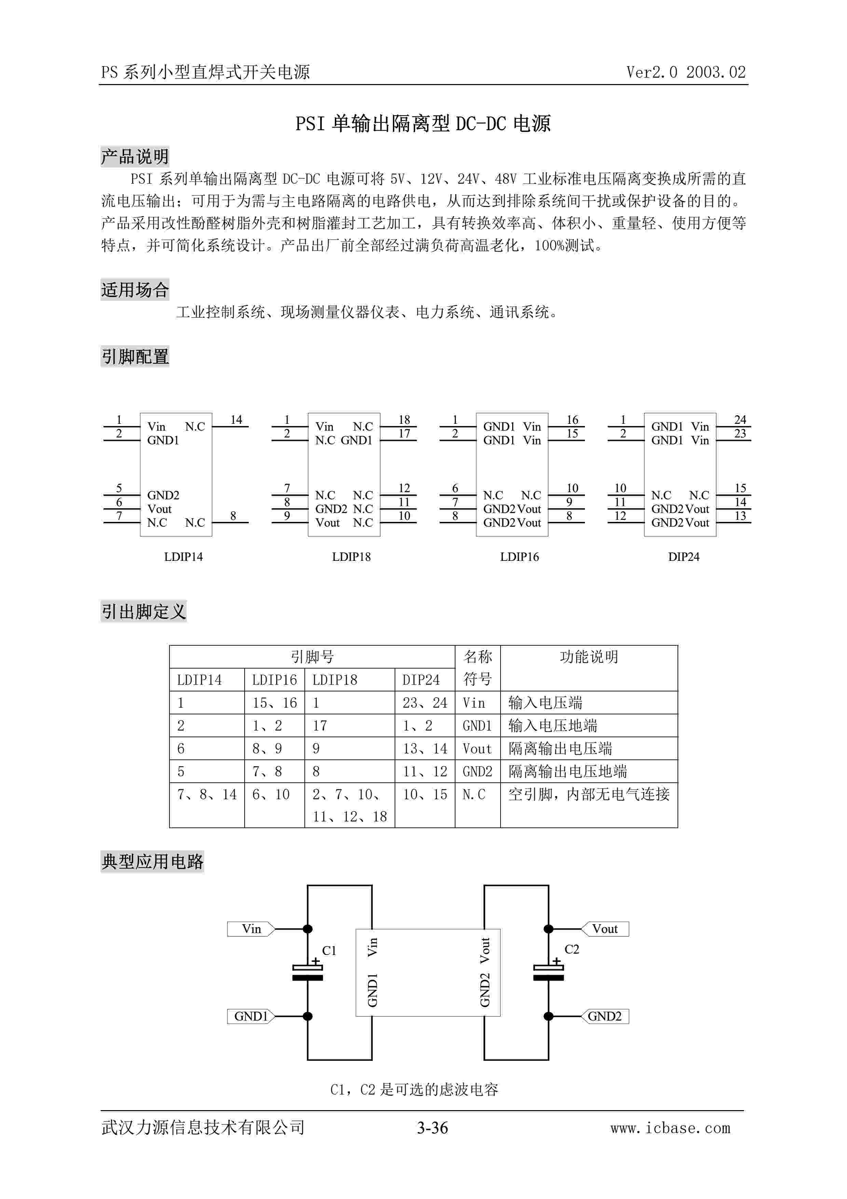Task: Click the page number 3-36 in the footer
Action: tap(432, 1128)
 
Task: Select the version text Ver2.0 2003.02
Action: tap(686, 72)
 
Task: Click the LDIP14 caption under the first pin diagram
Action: tap(183, 557)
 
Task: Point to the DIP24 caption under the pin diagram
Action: tap(683, 557)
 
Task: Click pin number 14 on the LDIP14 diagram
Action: tap(236, 420)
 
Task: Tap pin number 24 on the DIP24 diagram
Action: tap(740, 420)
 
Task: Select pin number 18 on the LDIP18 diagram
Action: tap(405, 420)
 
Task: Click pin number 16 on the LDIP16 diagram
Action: tap(573, 420)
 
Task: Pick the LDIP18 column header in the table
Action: tap(334, 680)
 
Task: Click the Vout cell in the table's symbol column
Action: tap(477, 749)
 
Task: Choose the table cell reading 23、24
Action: tap(424, 703)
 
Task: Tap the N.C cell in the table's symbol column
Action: tap(474, 794)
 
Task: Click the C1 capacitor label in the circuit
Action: tap(329, 951)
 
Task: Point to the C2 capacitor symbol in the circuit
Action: tap(548, 972)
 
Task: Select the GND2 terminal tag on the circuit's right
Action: tap(605, 1016)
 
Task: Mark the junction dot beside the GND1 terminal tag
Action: tap(308, 1016)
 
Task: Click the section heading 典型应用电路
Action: tap(152, 862)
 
